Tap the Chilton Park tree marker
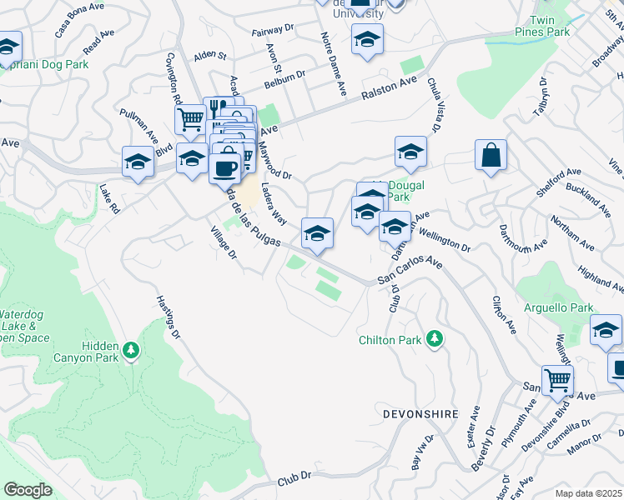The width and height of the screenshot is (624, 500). pyautogui.click(x=433, y=338)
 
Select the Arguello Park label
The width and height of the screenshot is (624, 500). pyautogui.click(x=557, y=308)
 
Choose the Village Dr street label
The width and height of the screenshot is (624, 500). pyautogui.click(x=224, y=242)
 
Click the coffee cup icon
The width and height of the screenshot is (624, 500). pyautogui.click(x=224, y=167)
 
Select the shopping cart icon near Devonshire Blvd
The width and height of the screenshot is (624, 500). pyautogui.click(x=556, y=380)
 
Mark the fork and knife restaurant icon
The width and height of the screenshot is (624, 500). pyautogui.click(x=214, y=107)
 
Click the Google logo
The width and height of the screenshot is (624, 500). pyautogui.click(x=28, y=490)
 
